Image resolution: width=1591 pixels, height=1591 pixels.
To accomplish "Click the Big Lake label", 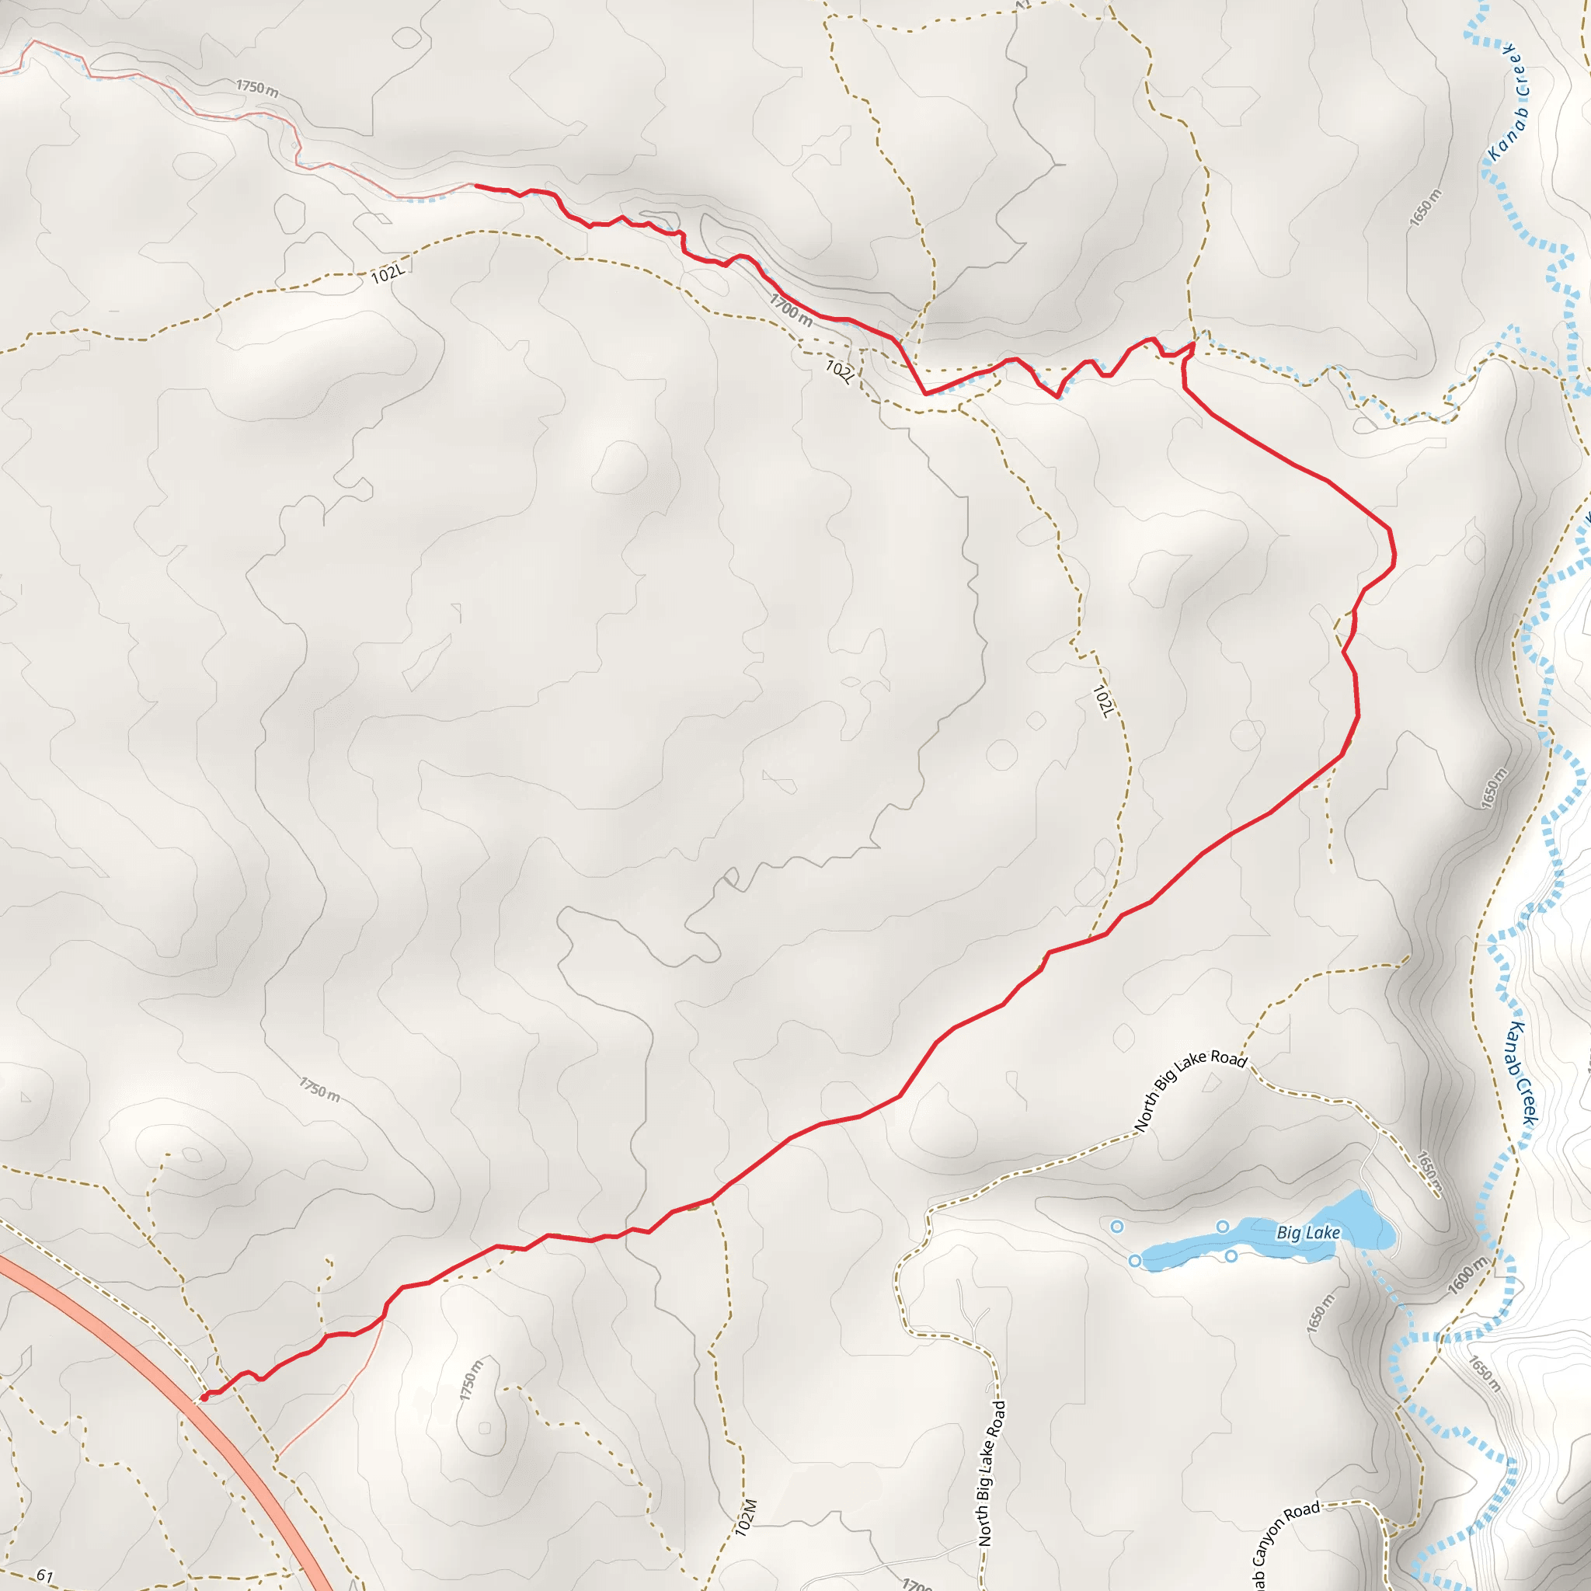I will (x=1307, y=1233).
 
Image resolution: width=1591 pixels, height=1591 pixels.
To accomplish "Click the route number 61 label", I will (x=44, y=1576).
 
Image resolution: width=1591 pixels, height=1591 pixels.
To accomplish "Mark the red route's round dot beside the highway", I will (x=204, y=1397).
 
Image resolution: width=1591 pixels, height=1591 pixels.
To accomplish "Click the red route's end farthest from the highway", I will (x=475, y=186).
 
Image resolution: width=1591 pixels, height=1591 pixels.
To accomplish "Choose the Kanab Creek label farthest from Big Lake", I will (x=1509, y=103).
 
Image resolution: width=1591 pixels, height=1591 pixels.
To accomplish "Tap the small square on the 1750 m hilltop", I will (x=485, y=1427).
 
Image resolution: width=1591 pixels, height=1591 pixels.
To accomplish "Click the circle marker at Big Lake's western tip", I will (x=1135, y=1261).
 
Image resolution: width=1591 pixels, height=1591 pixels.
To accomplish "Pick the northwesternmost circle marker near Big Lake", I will (x=1116, y=1226).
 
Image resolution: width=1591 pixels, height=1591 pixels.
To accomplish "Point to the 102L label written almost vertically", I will (x=1102, y=700).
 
